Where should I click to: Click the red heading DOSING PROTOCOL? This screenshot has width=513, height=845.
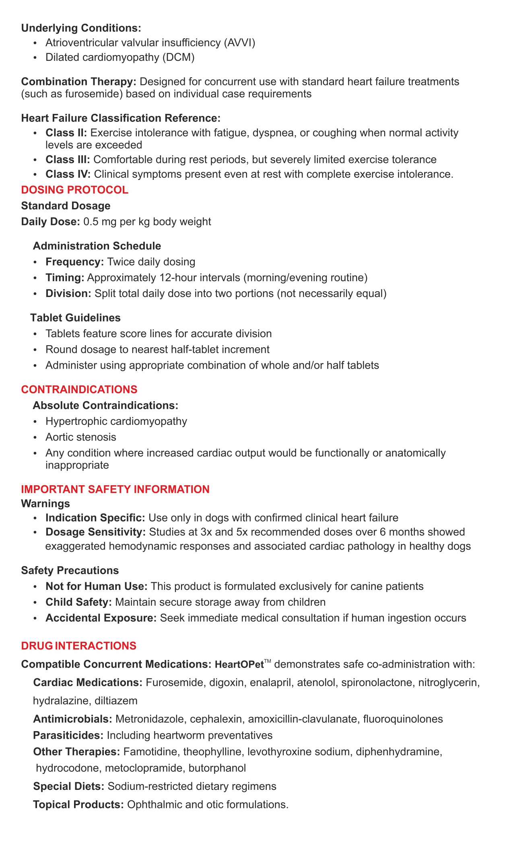click(74, 190)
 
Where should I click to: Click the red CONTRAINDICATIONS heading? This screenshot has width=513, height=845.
click(79, 389)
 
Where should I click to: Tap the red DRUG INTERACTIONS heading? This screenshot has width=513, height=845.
click(78, 646)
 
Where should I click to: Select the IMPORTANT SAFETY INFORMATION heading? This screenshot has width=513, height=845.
click(115, 489)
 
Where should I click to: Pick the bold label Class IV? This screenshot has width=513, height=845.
click(68, 175)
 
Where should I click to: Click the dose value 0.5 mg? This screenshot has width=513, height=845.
click(98, 222)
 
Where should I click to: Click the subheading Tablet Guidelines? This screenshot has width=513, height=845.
click(75, 318)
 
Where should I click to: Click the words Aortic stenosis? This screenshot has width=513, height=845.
click(81, 437)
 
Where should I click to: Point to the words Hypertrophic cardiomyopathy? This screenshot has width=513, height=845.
click(116, 421)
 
